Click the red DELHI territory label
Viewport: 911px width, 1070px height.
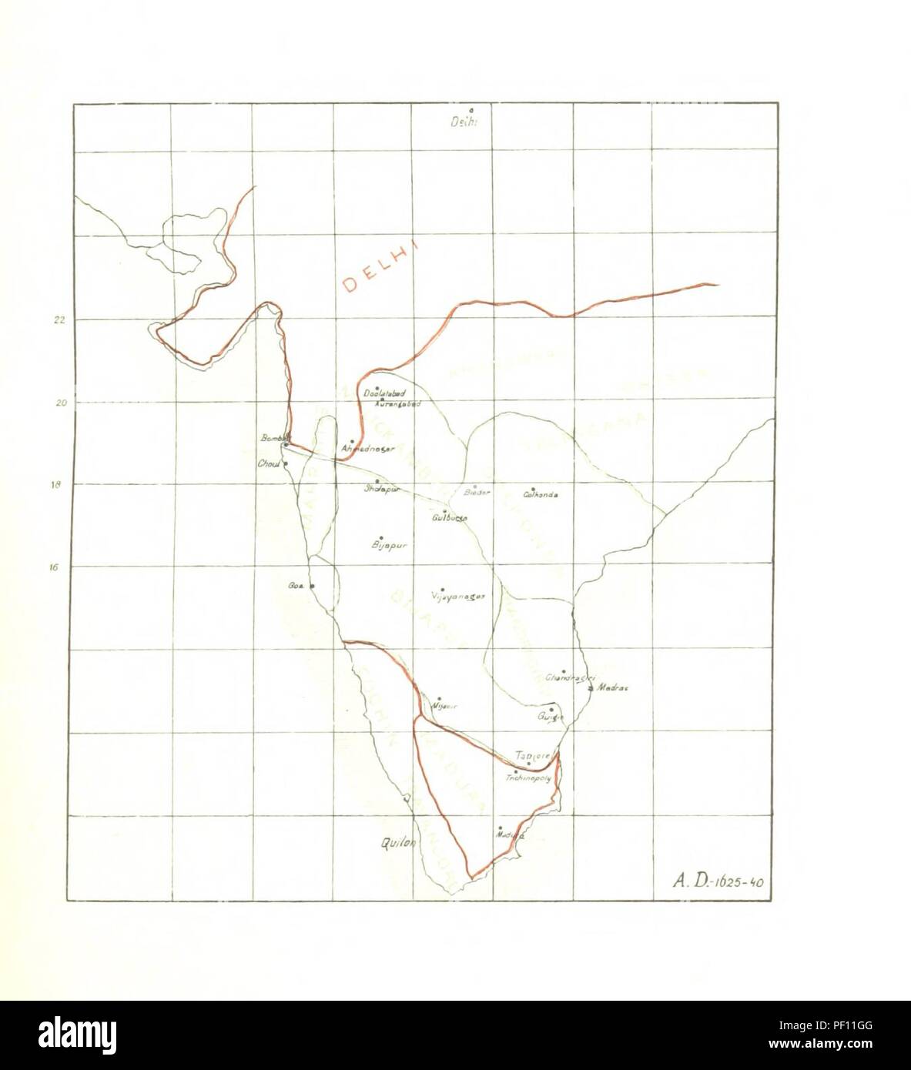380,266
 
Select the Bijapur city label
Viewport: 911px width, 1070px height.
388,545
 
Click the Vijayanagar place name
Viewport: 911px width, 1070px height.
458,596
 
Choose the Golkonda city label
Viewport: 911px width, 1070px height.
541,495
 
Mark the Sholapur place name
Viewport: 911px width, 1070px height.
382,488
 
